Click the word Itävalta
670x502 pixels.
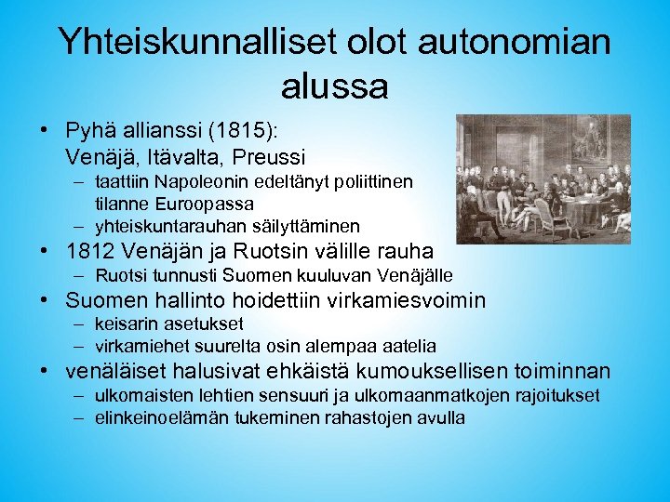pyautogui.click(x=191, y=156)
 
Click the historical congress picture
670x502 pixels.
pyautogui.click(x=543, y=179)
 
